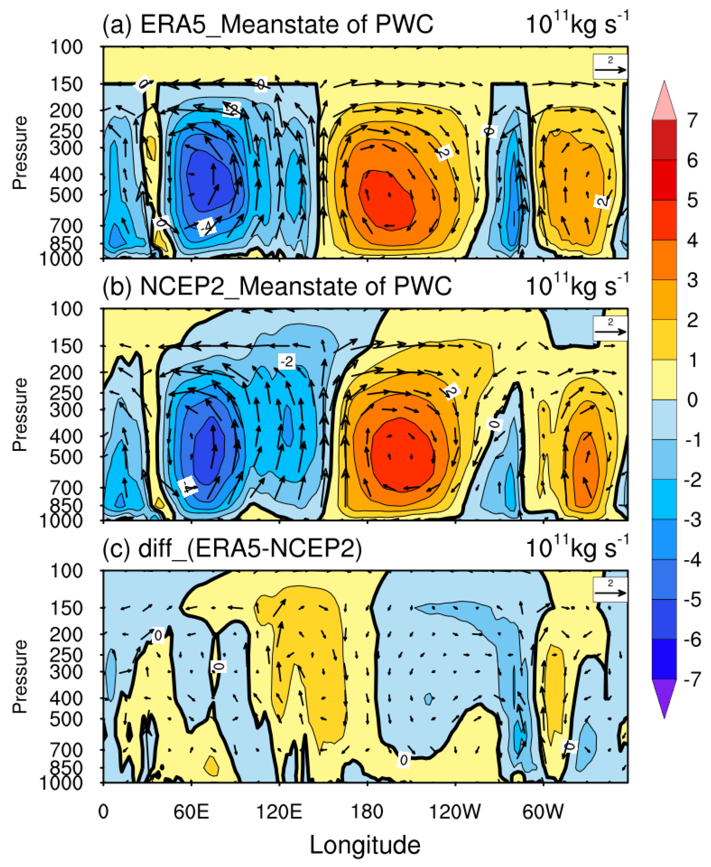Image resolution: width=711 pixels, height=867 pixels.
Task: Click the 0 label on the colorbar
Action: tap(692, 400)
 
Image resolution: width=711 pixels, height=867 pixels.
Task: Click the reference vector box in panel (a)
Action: tap(610, 66)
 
